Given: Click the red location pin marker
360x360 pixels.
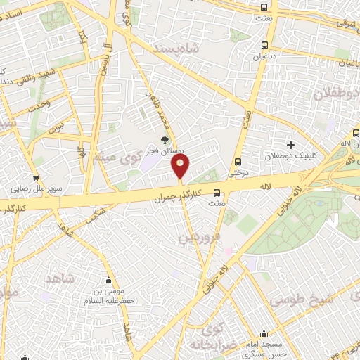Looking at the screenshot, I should tap(180, 166).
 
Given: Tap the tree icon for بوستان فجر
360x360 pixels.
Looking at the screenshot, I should tap(165, 139).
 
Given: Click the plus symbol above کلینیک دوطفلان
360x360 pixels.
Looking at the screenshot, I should tap(290, 144).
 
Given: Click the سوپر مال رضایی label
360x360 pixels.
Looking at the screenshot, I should tap(35, 188).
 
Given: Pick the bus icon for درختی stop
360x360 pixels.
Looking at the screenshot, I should tap(238, 160).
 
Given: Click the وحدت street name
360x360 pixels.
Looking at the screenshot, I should tap(39, 105).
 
